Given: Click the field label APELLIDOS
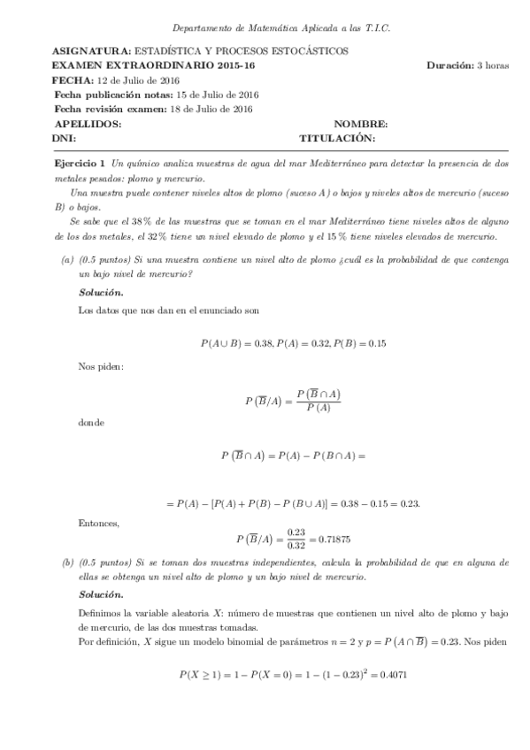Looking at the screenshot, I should (x=88, y=125).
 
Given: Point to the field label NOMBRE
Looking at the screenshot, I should (x=361, y=125).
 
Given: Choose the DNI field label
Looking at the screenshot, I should (x=65, y=139).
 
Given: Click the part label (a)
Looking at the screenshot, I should (x=66, y=259).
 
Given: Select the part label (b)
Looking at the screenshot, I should (x=66, y=562).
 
